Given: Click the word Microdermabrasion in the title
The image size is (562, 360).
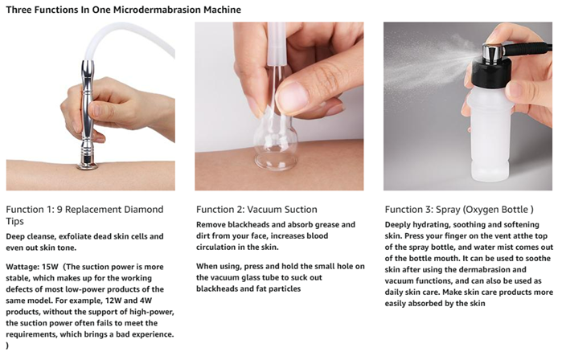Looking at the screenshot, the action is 158,10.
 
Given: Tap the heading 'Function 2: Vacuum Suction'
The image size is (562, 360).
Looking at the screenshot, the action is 256,210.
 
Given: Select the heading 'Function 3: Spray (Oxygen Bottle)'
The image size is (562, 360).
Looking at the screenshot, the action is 459,210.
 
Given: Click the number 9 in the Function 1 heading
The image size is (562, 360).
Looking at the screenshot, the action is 59,210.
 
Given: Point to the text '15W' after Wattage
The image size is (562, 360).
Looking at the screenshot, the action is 50,267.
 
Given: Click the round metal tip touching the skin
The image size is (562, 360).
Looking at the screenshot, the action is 87,166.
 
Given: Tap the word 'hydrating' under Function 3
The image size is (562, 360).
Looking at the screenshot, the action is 431,225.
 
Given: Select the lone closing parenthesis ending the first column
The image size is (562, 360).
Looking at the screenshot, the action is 7,346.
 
